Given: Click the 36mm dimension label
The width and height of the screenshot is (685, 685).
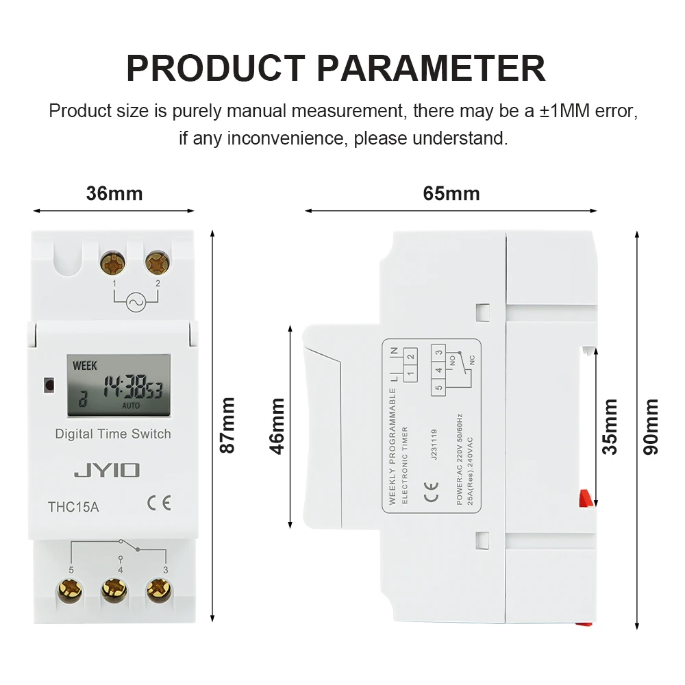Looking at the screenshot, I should pos(114,194).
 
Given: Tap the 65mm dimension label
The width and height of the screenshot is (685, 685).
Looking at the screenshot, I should pos(451,194).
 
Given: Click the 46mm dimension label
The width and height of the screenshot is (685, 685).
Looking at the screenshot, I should pos(277,426).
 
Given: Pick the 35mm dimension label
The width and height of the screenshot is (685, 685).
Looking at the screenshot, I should pos(610,427).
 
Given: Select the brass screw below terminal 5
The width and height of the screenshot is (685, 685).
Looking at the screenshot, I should pos(71,589).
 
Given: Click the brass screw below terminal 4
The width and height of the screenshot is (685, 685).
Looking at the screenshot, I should pos(114,589).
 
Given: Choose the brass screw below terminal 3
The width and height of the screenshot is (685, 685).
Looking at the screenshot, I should pos(159,589).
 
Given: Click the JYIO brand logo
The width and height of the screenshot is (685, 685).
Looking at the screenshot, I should pos(107,470).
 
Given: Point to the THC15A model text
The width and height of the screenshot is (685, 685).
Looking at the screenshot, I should pos(73,508).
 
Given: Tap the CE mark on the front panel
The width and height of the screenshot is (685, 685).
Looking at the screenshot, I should pos(159,504).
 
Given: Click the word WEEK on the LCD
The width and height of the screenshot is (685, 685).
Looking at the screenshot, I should pos(85,365).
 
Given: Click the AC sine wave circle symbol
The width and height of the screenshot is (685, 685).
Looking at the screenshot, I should pos(136,302).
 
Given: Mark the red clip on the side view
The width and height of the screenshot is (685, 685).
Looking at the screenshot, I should pos(585,498).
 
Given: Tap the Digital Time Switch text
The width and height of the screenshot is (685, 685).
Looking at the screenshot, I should pos(113,434).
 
